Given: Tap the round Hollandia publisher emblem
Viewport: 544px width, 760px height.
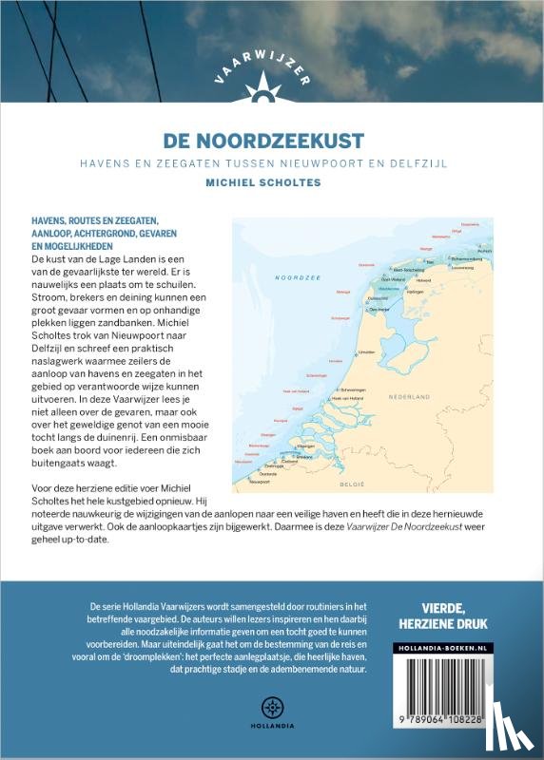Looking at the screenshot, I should pyautogui.click(x=271, y=707).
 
